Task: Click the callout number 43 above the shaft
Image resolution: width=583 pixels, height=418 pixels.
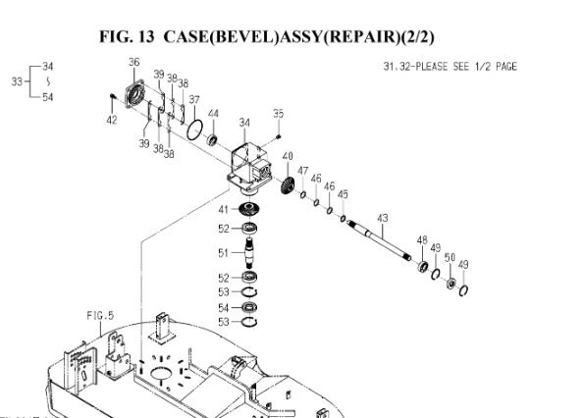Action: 382,218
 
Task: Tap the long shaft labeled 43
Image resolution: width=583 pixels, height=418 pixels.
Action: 379,240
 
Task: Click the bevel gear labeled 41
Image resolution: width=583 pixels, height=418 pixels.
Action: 249,208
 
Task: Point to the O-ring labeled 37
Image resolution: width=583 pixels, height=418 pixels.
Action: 195,130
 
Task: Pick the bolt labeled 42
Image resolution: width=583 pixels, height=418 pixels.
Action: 113,97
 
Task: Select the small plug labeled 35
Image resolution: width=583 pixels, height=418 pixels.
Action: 279,137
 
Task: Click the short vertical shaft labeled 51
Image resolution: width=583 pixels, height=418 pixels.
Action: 249,252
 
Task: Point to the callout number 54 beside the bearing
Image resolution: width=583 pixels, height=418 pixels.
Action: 223,308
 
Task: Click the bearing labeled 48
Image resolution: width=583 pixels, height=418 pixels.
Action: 423,267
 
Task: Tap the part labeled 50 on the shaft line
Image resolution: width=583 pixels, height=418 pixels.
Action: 451,283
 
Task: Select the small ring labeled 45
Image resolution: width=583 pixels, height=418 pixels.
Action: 343,219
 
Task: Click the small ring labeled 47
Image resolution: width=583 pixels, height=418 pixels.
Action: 303,194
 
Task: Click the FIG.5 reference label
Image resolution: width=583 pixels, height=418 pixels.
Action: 100,316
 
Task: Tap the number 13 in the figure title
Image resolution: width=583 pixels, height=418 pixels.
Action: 145,36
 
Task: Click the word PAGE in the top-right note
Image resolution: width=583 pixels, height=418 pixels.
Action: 506,67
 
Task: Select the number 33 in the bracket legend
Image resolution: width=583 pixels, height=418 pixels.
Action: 17,81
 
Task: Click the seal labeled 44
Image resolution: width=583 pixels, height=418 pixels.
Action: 212,140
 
